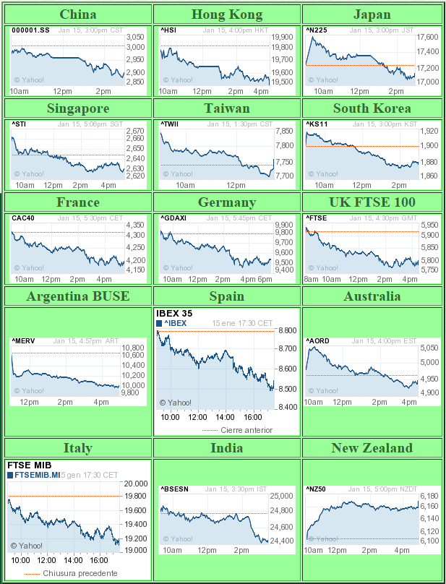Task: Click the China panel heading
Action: pyautogui.click(x=78, y=14)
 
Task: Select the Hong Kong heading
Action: pyautogui.click(x=227, y=14)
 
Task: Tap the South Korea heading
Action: pyautogui.click(x=372, y=108)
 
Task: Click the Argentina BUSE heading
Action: pyautogui.click(x=78, y=296)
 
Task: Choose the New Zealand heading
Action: pyautogui.click(x=372, y=448)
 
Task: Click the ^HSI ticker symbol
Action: pyautogui.click(x=169, y=30)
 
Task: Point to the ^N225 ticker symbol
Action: pyautogui.click(x=317, y=30)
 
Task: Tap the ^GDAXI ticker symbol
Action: pyautogui.click(x=173, y=218)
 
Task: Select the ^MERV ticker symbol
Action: pyautogui.click(x=22, y=340)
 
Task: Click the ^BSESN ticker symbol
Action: pyautogui.click(x=174, y=489)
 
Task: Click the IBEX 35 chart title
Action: pyautogui.click(x=175, y=314)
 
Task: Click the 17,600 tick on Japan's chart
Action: pyautogui.click(x=429, y=37)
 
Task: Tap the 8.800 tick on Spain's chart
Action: pyautogui.click(x=287, y=330)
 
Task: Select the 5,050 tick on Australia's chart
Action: pyautogui.click(x=429, y=348)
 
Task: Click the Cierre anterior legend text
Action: pyautogui.click(x=246, y=430)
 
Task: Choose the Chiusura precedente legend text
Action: pyautogui.click(x=80, y=573)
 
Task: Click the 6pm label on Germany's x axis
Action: pyautogui.click(x=265, y=279)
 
